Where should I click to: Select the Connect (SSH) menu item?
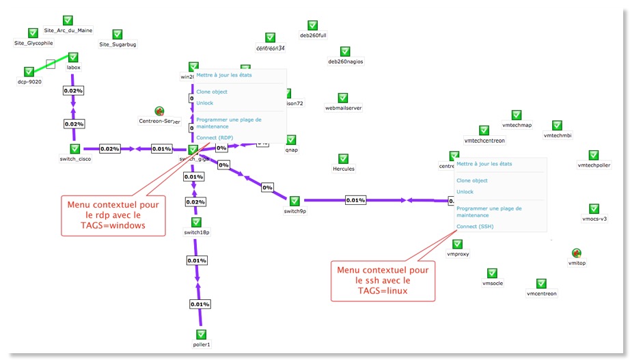(474, 226)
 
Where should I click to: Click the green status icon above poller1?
(201, 335)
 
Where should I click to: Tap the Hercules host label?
(344, 168)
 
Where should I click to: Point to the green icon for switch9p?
(295, 201)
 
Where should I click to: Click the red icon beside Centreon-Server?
(159, 111)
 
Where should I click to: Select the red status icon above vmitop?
(577, 253)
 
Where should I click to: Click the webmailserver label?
(343, 108)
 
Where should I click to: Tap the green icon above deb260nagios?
(345, 51)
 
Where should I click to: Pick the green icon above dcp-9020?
(29, 71)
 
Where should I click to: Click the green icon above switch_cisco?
(75, 148)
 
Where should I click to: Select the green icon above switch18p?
(196, 222)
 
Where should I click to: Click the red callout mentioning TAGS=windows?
(114, 214)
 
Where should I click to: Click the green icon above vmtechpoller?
(593, 155)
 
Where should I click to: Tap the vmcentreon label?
(541, 294)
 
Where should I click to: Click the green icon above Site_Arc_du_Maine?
(68, 20)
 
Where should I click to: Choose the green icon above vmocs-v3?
(594, 209)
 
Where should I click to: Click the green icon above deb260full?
(313, 25)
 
